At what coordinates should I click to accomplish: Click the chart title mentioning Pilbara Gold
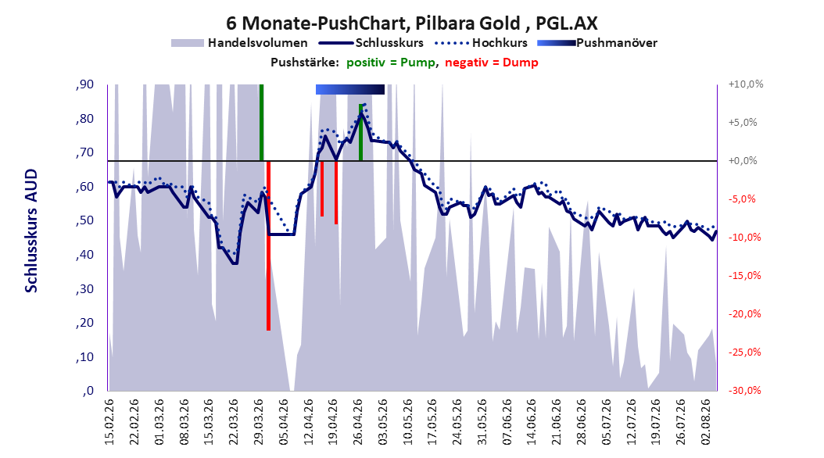[x=411, y=23]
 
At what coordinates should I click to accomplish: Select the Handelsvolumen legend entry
[x=239, y=43]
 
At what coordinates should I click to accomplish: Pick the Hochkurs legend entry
[x=481, y=43]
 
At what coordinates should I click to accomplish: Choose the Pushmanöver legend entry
[x=597, y=43]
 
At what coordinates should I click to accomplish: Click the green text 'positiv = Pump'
[x=391, y=63]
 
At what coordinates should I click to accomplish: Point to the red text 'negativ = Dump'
[x=492, y=63]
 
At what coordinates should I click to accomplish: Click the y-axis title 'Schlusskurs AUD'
[x=31, y=231]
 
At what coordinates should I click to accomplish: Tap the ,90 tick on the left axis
[x=84, y=84]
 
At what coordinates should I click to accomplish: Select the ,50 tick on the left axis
[x=84, y=220]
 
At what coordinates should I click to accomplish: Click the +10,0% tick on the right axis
[x=746, y=84]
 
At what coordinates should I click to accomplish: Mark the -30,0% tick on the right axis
[x=744, y=390]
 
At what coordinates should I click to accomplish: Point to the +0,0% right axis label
[x=743, y=161]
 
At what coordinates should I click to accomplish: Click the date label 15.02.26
[x=109, y=422]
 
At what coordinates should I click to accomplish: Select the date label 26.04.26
[x=358, y=422]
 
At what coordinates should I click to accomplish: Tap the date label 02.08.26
[x=706, y=422]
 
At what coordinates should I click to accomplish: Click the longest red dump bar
[x=268, y=245]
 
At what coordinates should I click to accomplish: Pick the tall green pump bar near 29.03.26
[x=261, y=123]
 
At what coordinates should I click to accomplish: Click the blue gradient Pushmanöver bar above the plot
[x=350, y=90]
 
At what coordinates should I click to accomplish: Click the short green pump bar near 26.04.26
[x=360, y=132]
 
